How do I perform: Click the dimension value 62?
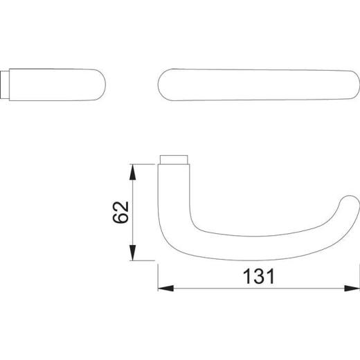(119, 213)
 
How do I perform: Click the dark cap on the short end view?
(9, 84)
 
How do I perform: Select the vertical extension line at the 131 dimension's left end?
(159, 277)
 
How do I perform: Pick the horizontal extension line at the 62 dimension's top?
(145, 164)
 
